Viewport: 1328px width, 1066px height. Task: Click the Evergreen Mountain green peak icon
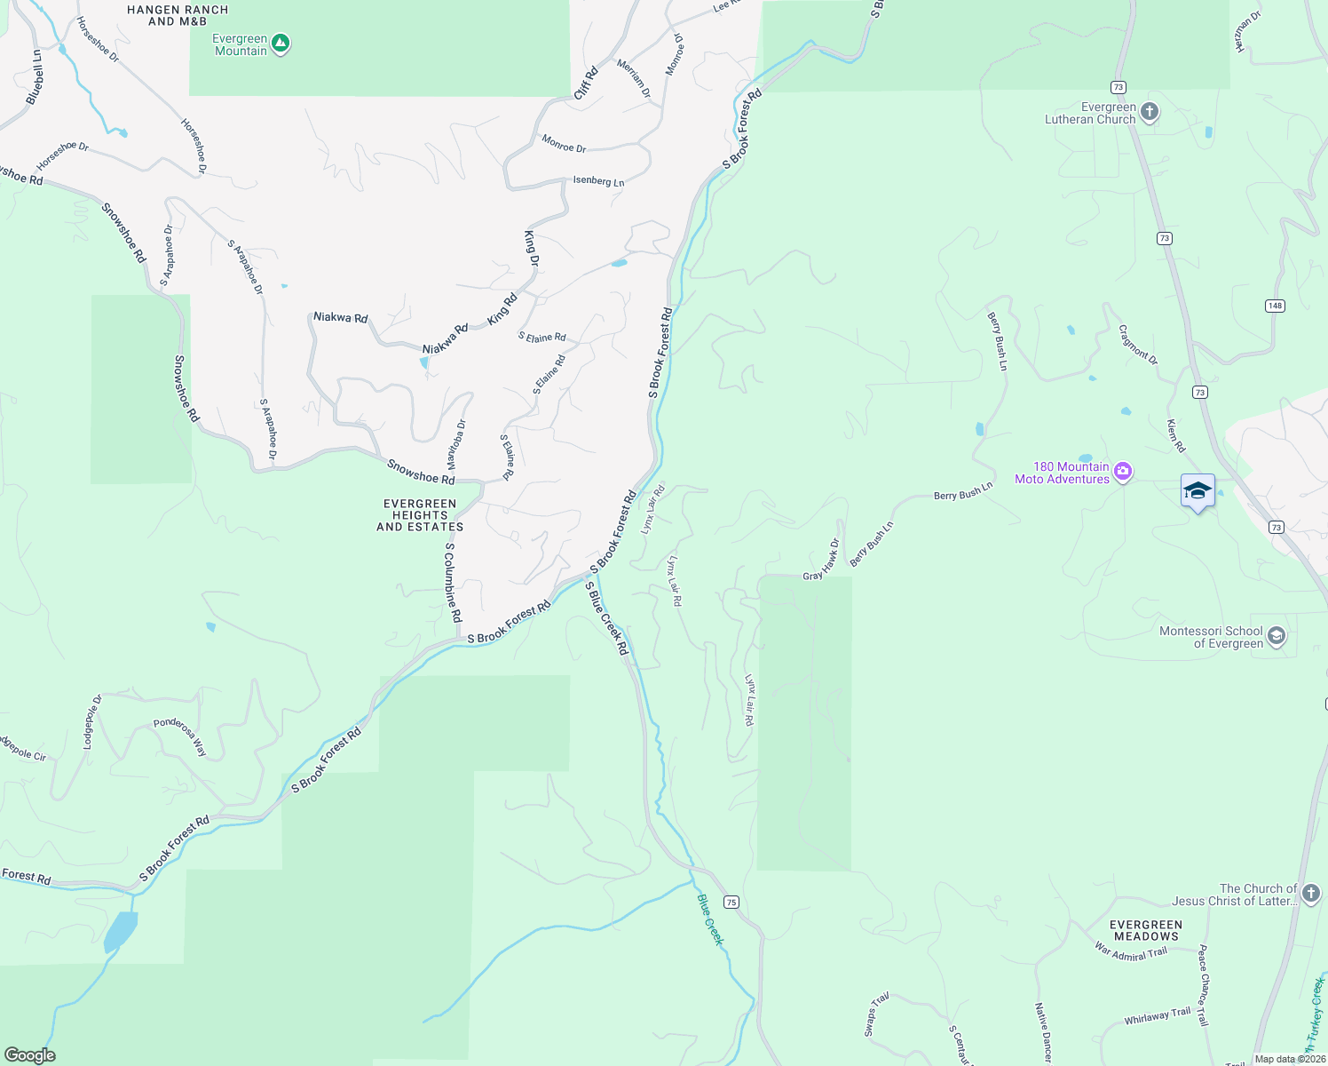(x=281, y=43)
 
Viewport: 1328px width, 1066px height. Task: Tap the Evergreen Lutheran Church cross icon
(x=1150, y=112)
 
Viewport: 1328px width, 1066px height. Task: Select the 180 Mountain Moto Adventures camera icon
(x=1123, y=472)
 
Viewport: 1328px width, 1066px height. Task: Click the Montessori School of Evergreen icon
(x=1276, y=636)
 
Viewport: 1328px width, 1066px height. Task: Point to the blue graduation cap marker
(x=1198, y=491)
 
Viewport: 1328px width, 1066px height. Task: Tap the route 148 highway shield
(x=1275, y=306)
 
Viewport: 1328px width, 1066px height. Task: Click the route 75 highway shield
(x=731, y=902)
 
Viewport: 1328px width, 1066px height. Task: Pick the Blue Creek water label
(x=710, y=919)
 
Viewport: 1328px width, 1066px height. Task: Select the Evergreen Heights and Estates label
(x=420, y=515)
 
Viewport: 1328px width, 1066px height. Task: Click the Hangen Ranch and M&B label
(x=178, y=15)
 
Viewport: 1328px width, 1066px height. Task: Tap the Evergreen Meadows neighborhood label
(x=1146, y=930)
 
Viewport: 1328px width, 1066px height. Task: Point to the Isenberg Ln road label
(x=598, y=181)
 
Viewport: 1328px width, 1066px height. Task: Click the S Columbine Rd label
(x=454, y=582)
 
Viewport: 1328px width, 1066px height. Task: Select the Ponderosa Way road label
(x=181, y=736)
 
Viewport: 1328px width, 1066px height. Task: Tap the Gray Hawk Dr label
(x=822, y=561)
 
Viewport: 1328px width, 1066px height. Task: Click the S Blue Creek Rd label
(x=607, y=618)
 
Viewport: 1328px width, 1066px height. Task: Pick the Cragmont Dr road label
(x=1138, y=345)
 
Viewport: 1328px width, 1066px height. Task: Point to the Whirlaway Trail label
(x=1158, y=1016)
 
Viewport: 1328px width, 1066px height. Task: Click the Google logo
(x=29, y=1054)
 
